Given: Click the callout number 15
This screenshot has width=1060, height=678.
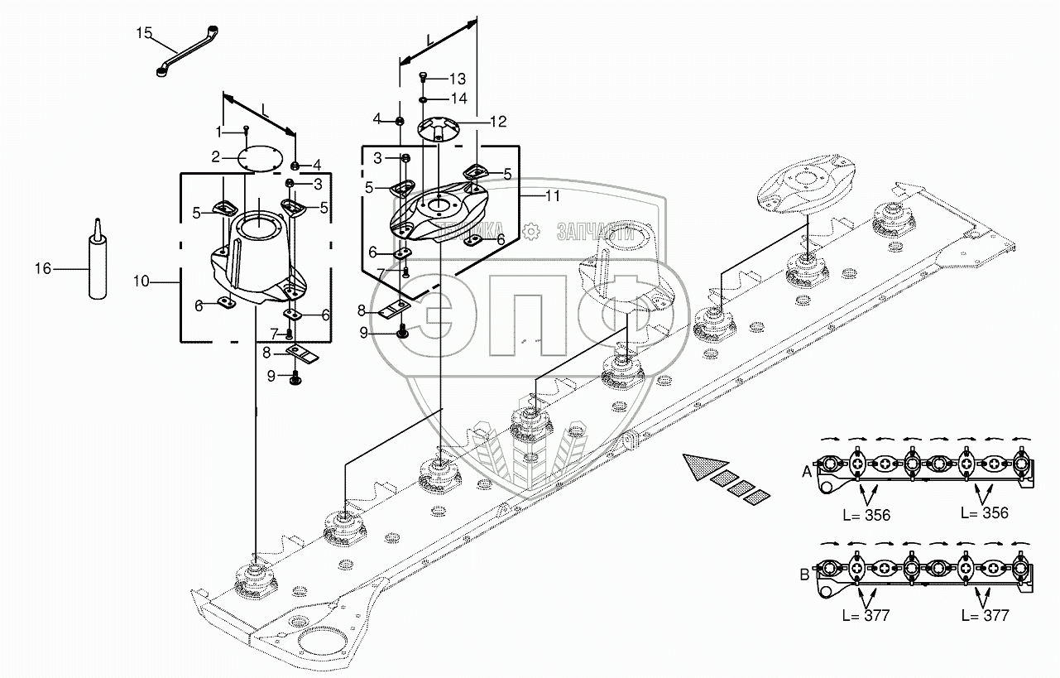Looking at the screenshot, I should [x=144, y=33].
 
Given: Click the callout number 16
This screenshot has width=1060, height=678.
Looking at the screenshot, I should [x=43, y=268].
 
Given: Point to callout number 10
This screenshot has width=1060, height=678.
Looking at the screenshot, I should [x=141, y=282].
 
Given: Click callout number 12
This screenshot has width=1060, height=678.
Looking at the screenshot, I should [x=497, y=121].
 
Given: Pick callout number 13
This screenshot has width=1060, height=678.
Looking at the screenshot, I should [x=458, y=79].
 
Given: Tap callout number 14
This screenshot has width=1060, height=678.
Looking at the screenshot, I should [x=458, y=98].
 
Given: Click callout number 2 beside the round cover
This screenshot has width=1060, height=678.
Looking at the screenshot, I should [x=215, y=156].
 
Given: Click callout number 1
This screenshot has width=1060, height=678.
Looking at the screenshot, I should [x=219, y=131].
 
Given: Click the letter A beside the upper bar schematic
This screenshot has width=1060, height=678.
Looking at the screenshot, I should [x=807, y=471].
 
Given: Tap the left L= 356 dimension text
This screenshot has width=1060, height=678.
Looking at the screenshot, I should [x=866, y=515].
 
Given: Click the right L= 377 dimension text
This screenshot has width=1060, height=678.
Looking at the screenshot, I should [x=985, y=615].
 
